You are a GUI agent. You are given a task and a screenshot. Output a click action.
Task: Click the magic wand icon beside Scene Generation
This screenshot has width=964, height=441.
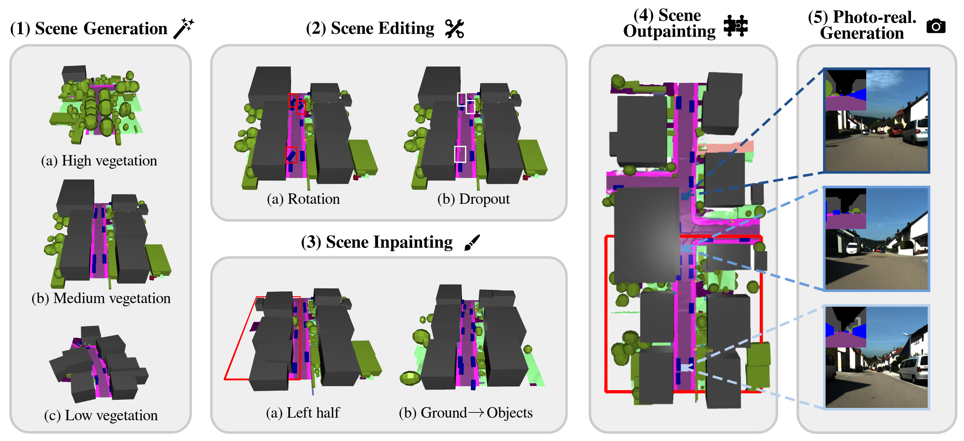pos(184,28)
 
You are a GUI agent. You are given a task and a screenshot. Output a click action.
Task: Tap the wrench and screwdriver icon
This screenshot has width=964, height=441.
pos(454,29)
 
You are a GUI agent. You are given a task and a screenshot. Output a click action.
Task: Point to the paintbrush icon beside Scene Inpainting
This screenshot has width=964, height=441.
pos(472,242)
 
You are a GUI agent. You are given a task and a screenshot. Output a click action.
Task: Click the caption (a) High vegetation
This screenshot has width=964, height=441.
pos(99,161)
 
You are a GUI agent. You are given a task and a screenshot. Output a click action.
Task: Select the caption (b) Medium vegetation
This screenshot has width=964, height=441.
pos(101,298)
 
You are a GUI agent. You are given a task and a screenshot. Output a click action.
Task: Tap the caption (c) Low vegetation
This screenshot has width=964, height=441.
pos(101,415)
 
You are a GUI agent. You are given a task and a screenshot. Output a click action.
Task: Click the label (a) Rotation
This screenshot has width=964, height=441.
pos(303,199)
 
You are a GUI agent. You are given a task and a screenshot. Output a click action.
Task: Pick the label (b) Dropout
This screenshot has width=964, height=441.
pos(473,199)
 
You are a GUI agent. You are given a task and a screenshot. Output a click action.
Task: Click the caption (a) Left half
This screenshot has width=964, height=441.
pos(302,412)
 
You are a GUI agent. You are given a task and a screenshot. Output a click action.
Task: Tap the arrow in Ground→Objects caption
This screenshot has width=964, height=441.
pos(476,412)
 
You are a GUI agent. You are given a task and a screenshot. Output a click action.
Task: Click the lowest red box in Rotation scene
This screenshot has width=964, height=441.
pos(291,155)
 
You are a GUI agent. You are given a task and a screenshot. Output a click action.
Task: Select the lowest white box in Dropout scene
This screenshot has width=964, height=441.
pos(460,154)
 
